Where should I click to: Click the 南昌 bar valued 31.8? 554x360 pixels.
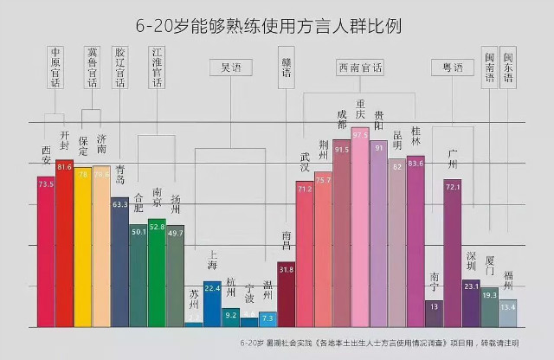tap(287, 294)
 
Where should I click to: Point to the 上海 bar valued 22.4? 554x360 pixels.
tap(212, 304)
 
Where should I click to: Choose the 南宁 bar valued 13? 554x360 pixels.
tap(434, 312)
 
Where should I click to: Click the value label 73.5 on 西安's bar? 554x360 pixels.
tap(46, 183)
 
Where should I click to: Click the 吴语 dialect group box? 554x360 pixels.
tap(231, 67)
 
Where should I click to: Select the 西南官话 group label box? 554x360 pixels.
tap(361, 67)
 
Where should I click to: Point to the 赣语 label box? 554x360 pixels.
tap(287, 67)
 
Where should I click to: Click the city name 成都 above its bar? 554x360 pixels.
tap(341, 124)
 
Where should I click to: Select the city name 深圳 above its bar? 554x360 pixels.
tap(471, 261)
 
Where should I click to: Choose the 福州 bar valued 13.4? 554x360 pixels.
tap(508, 312)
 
